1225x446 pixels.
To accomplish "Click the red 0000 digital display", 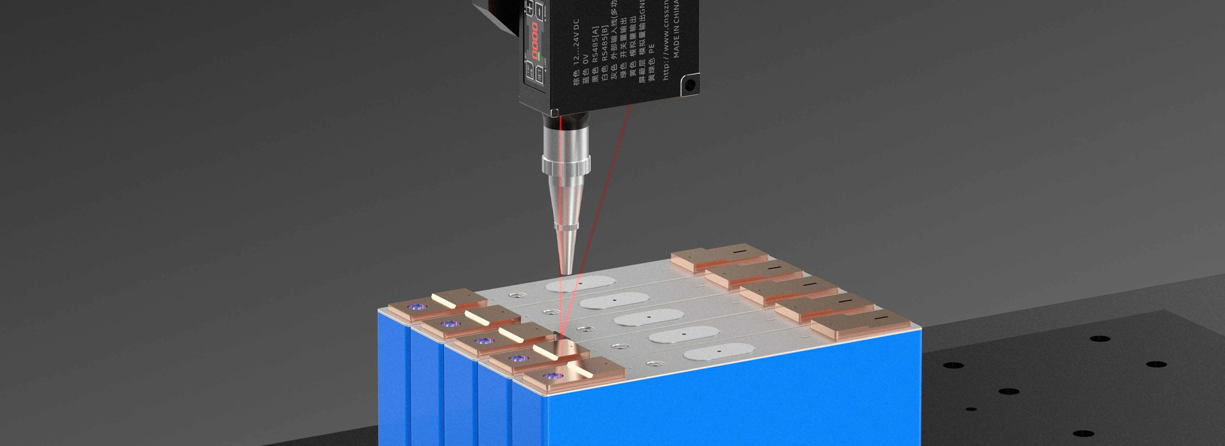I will (535, 40).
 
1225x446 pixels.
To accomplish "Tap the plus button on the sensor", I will (529, 10).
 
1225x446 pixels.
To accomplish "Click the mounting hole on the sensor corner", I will (689, 84).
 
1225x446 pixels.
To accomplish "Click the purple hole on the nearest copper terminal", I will (547, 375).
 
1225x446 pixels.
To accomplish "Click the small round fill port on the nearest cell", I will (652, 364).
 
